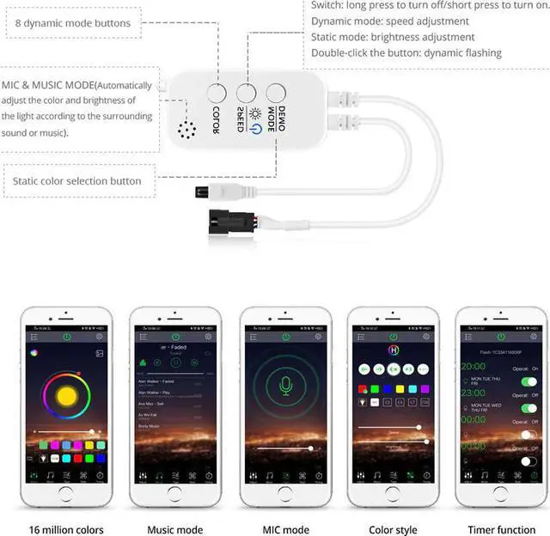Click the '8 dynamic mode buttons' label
[x=73, y=23]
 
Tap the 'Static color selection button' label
[x=76, y=181]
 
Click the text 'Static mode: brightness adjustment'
[x=393, y=37]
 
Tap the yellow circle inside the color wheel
[x=66, y=398]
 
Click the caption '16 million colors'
[x=66, y=529]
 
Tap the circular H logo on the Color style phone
[x=394, y=351]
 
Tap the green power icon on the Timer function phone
[x=501, y=337]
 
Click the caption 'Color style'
[x=393, y=529]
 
